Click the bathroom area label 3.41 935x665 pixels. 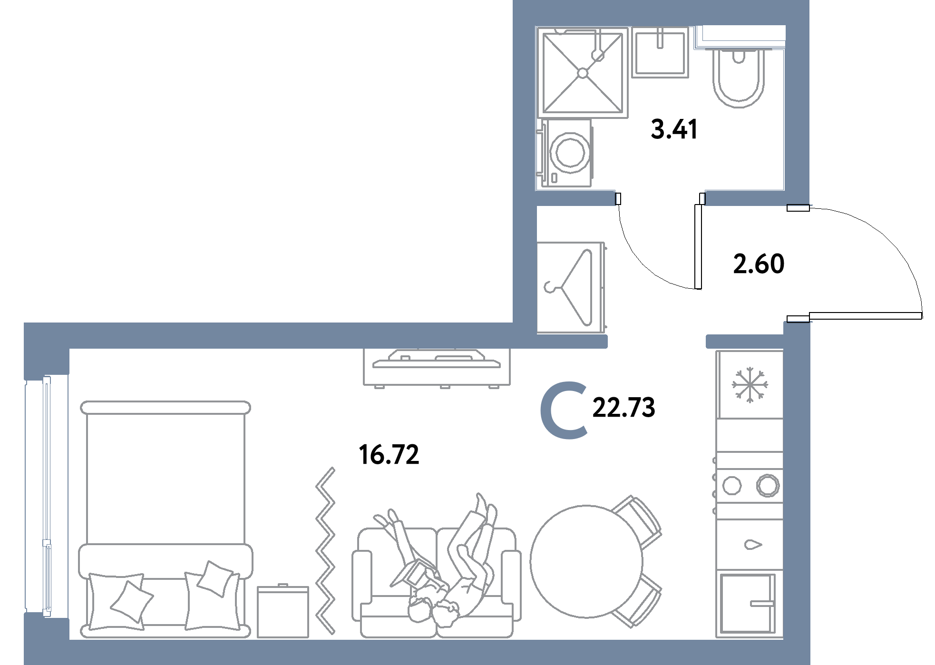coord(674,129)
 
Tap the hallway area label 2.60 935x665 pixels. coord(759,264)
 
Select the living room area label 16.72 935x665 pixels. coord(389,454)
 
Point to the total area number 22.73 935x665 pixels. coord(623,408)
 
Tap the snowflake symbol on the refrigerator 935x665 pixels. coord(750,384)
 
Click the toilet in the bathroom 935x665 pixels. coord(739,76)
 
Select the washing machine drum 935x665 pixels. coord(570,152)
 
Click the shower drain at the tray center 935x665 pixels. coord(583,73)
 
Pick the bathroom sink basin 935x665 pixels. coord(660,52)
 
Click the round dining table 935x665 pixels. coord(586,561)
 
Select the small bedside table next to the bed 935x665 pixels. coord(283,611)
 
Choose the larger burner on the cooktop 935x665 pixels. coord(768,486)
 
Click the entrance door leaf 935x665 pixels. coord(866,315)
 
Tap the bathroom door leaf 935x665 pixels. coord(698,246)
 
